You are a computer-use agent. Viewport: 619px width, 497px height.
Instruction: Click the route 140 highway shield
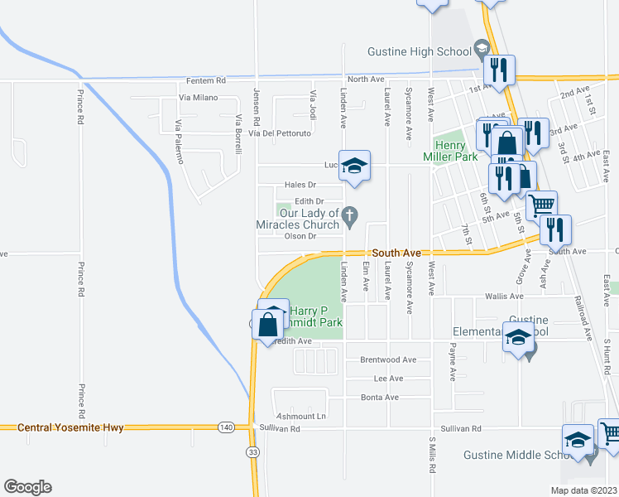tap(226, 427)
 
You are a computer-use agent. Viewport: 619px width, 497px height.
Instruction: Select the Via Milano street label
tap(198, 98)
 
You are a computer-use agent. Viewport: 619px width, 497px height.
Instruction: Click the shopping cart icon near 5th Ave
tap(542, 205)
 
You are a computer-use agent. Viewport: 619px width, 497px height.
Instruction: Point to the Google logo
tap(27, 487)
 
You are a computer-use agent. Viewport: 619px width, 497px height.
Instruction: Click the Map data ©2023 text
tap(583, 490)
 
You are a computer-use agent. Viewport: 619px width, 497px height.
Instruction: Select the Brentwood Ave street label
tap(388, 360)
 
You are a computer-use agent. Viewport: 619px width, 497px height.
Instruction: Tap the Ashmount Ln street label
tap(301, 416)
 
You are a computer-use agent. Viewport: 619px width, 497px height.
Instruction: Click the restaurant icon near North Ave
tap(499, 68)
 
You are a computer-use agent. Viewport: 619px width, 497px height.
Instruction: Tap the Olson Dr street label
tap(301, 236)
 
